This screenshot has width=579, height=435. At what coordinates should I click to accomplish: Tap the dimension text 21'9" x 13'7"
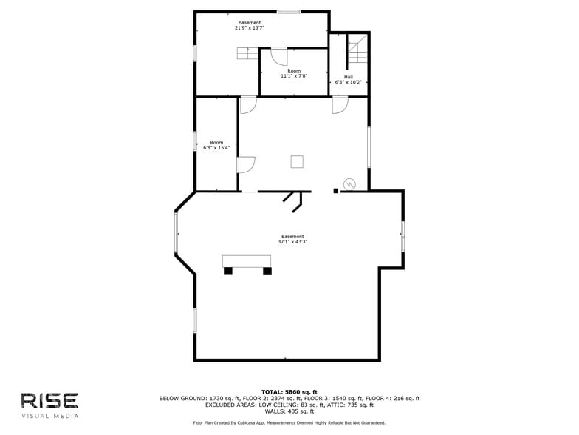click(250, 28)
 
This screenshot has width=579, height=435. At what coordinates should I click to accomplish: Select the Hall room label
click(348, 76)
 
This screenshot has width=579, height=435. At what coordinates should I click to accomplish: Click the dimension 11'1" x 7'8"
click(293, 76)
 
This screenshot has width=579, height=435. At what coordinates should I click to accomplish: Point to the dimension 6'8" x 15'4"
click(216, 148)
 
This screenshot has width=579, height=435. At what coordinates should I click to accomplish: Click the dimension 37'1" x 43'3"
click(292, 242)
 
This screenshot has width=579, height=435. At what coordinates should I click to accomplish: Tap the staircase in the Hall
click(357, 50)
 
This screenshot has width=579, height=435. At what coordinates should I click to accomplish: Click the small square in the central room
click(297, 161)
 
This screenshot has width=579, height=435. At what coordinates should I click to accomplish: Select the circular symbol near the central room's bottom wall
click(349, 184)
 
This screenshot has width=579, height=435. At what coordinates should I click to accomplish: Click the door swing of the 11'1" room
click(278, 56)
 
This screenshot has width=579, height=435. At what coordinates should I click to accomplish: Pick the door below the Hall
click(340, 105)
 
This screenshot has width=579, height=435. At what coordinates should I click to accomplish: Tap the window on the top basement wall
click(289, 12)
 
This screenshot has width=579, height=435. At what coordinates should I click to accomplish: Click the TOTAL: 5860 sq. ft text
click(289, 391)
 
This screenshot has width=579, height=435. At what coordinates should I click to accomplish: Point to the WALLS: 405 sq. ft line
click(289, 411)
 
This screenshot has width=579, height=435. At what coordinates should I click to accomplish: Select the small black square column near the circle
click(336, 191)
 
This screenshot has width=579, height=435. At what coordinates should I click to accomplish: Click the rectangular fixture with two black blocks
click(247, 264)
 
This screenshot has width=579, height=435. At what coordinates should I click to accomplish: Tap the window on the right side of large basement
click(402, 235)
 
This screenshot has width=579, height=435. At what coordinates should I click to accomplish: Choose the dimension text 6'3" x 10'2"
click(348, 82)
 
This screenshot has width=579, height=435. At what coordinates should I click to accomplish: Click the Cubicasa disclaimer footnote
click(289, 423)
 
